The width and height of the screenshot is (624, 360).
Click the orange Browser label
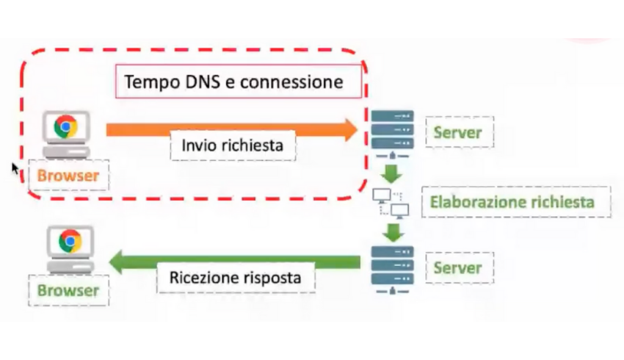(x=68, y=176)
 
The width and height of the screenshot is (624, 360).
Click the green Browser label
(x=68, y=290)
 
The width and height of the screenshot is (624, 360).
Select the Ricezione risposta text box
(x=236, y=278)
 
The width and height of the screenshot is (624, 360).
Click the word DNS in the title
(x=196, y=82)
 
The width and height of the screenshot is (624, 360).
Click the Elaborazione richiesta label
(x=515, y=202)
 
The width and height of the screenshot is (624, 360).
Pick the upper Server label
(x=458, y=132)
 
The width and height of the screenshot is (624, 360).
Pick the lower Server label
(x=458, y=267)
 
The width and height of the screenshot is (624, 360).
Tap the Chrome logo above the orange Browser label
(x=66, y=126)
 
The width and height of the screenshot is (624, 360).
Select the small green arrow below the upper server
(x=392, y=174)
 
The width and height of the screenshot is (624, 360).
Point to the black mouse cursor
(x=15, y=168)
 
